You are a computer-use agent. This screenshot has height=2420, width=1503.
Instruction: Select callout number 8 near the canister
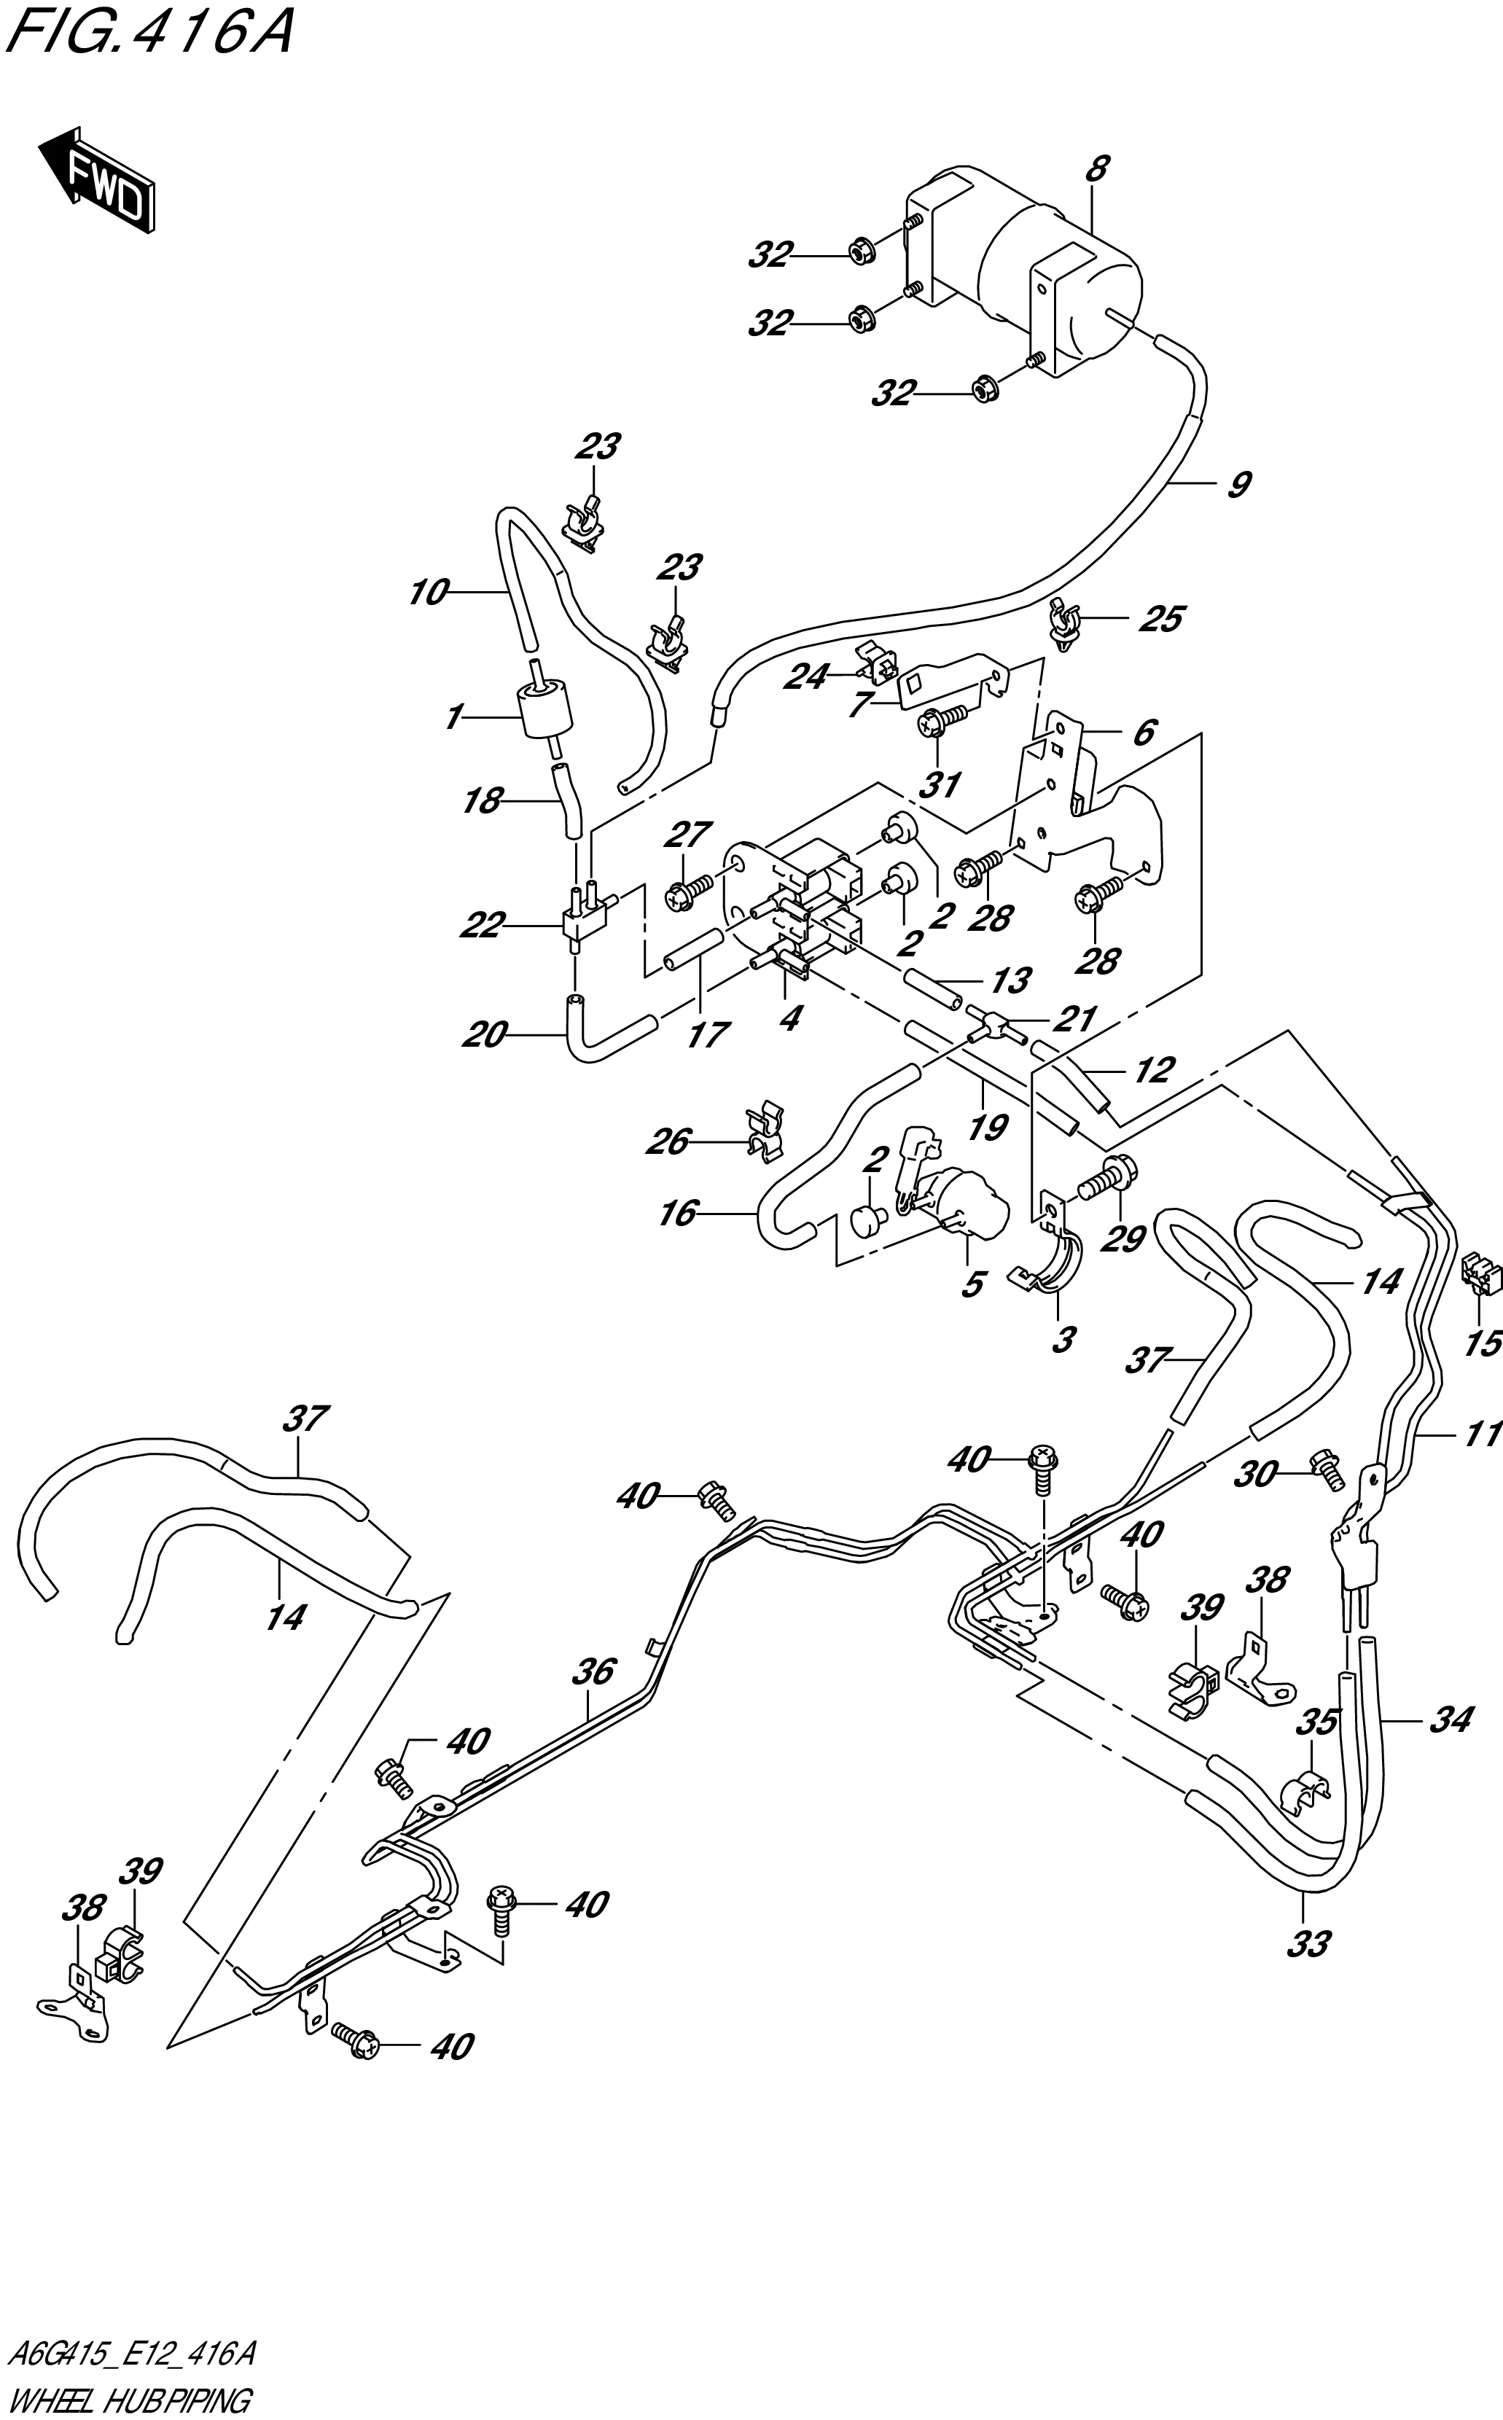[1096, 169]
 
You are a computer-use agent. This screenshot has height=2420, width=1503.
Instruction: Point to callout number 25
[1160, 618]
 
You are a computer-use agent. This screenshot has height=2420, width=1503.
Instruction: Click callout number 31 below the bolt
[940, 785]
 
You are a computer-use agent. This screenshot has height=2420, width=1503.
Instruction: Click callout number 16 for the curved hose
[678, 1214]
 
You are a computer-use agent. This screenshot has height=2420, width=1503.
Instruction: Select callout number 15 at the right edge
[1482, 1345]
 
